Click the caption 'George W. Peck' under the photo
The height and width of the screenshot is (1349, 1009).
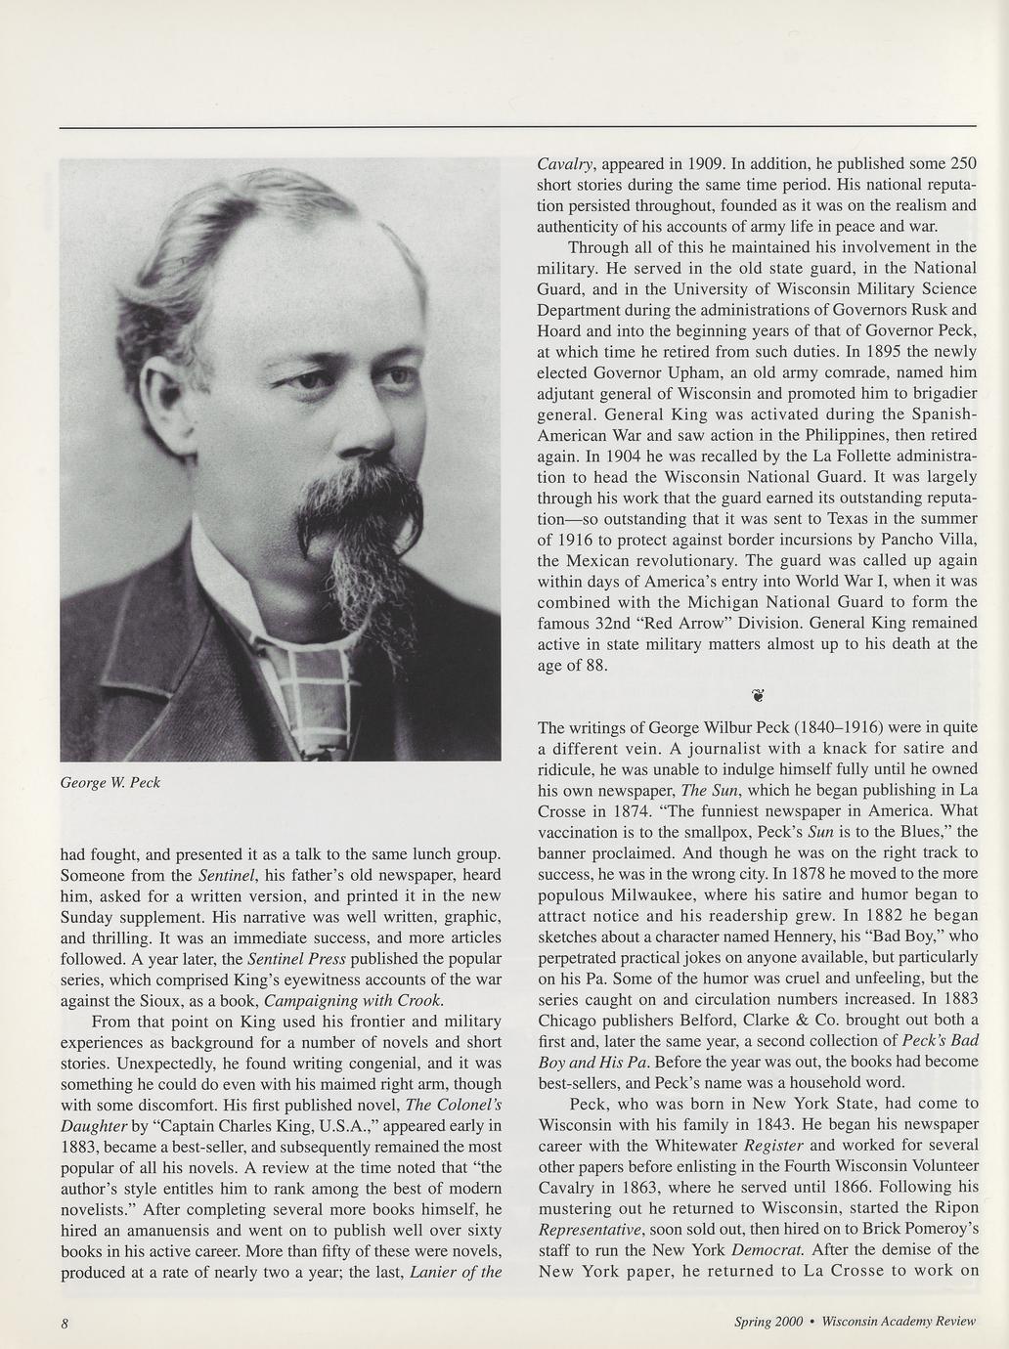[x=110, y=782]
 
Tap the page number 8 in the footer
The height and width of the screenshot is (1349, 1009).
[x=65, y=1323]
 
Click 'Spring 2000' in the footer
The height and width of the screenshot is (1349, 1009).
[x=768, y=1322]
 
